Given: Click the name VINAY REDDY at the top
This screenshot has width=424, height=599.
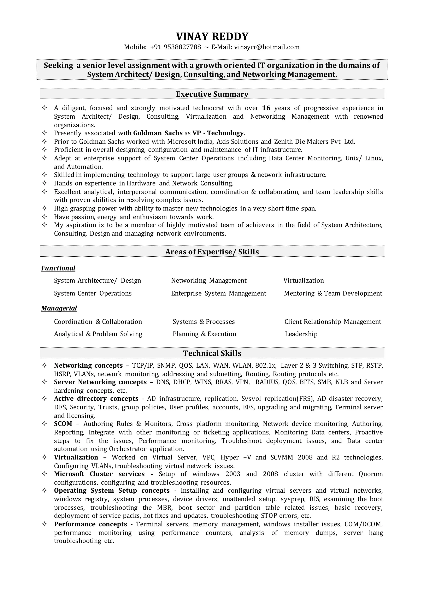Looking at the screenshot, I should click(x=212, y=37).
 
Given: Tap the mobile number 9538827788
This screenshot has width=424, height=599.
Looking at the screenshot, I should click(x=182, y=47).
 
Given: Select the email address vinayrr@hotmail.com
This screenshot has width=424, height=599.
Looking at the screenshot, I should click(x=267, y=47).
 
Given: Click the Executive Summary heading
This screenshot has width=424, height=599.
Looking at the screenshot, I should click(x=212, y=94).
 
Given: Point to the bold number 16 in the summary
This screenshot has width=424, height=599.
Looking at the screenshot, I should click(x=266, y=108).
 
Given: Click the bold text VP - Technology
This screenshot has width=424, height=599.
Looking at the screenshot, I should click(x=218, y=133).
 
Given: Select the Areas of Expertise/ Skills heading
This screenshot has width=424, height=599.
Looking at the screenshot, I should click(x=212, y=252).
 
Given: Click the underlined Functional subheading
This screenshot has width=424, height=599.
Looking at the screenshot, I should click(x=58, y=268).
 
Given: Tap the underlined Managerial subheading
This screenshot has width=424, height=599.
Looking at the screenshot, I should click(x=59, y=308).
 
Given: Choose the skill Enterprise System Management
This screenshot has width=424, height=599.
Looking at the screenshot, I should click(x=219, y=293).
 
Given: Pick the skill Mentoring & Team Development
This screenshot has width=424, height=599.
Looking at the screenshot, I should click(x=333, y=293).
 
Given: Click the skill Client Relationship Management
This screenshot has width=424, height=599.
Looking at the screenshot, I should click(x=333, y=322).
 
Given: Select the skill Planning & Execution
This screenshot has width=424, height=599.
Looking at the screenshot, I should click(x=204, y=334).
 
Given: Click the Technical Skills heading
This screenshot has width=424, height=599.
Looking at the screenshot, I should click(x=212, y=353).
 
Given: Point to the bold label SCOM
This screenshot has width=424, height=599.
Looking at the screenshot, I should click(x=63, y=424).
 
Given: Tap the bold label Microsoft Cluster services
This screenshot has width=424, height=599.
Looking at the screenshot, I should click(x=99, y=474).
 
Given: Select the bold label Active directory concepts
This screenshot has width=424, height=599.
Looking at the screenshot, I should click(x=96, y=399).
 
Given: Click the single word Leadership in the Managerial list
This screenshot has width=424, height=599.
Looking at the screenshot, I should click(x=301, y=334).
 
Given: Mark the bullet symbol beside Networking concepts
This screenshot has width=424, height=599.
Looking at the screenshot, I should click(x=44, y=365).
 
